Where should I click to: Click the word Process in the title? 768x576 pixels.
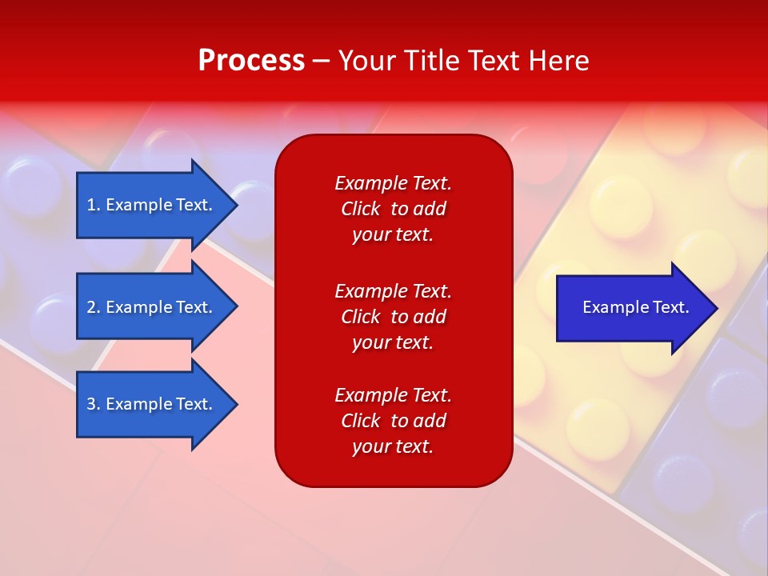[251, 61]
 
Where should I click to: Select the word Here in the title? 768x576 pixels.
[558, 61]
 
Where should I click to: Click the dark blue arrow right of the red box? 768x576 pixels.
[638, 308]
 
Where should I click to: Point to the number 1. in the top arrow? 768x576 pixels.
[94, 205]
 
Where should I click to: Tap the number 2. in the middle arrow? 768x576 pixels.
[94, 307]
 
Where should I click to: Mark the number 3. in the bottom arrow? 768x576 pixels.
[94, 404]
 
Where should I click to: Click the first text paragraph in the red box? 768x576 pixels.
[394, 209]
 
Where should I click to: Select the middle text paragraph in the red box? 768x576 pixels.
[394, 317]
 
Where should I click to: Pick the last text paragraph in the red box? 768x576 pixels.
[394, 421]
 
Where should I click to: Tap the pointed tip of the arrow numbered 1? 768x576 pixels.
[238, 205]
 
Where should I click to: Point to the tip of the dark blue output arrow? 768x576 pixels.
[718, 308]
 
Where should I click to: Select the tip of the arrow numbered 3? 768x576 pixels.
[238, 405]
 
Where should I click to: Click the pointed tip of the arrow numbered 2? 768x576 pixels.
[238, 306]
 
